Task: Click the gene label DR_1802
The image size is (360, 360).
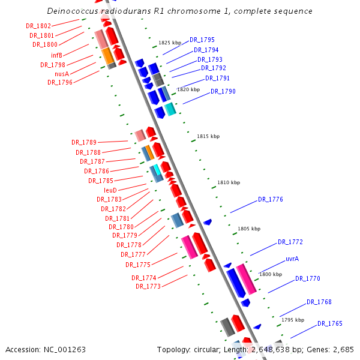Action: (x=38, y=26)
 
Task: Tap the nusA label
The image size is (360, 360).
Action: (x=62, y=74)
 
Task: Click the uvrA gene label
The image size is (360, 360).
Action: (x=292, y=259)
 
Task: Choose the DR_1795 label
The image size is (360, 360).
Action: (x=202, y=40)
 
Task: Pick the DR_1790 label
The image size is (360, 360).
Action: (x=223, y=92)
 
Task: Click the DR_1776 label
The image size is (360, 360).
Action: (x=271, y=199)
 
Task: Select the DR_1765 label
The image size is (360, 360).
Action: (x=330, y=323)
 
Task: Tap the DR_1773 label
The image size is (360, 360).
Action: (x=148, y=286)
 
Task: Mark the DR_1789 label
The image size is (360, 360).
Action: (x=83, y=142)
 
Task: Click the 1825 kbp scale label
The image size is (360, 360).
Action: (x=170, y=43)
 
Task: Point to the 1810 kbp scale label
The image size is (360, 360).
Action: (x=229, y=182)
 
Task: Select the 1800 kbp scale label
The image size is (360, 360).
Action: (x=271, y=274)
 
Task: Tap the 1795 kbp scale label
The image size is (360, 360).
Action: (x=293, y=320)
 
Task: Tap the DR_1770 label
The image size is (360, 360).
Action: (x=308, y=278)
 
